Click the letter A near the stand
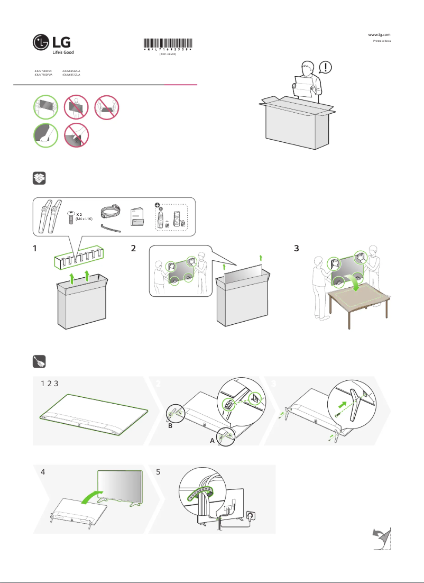[212, 439]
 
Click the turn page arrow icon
[382, 539]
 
